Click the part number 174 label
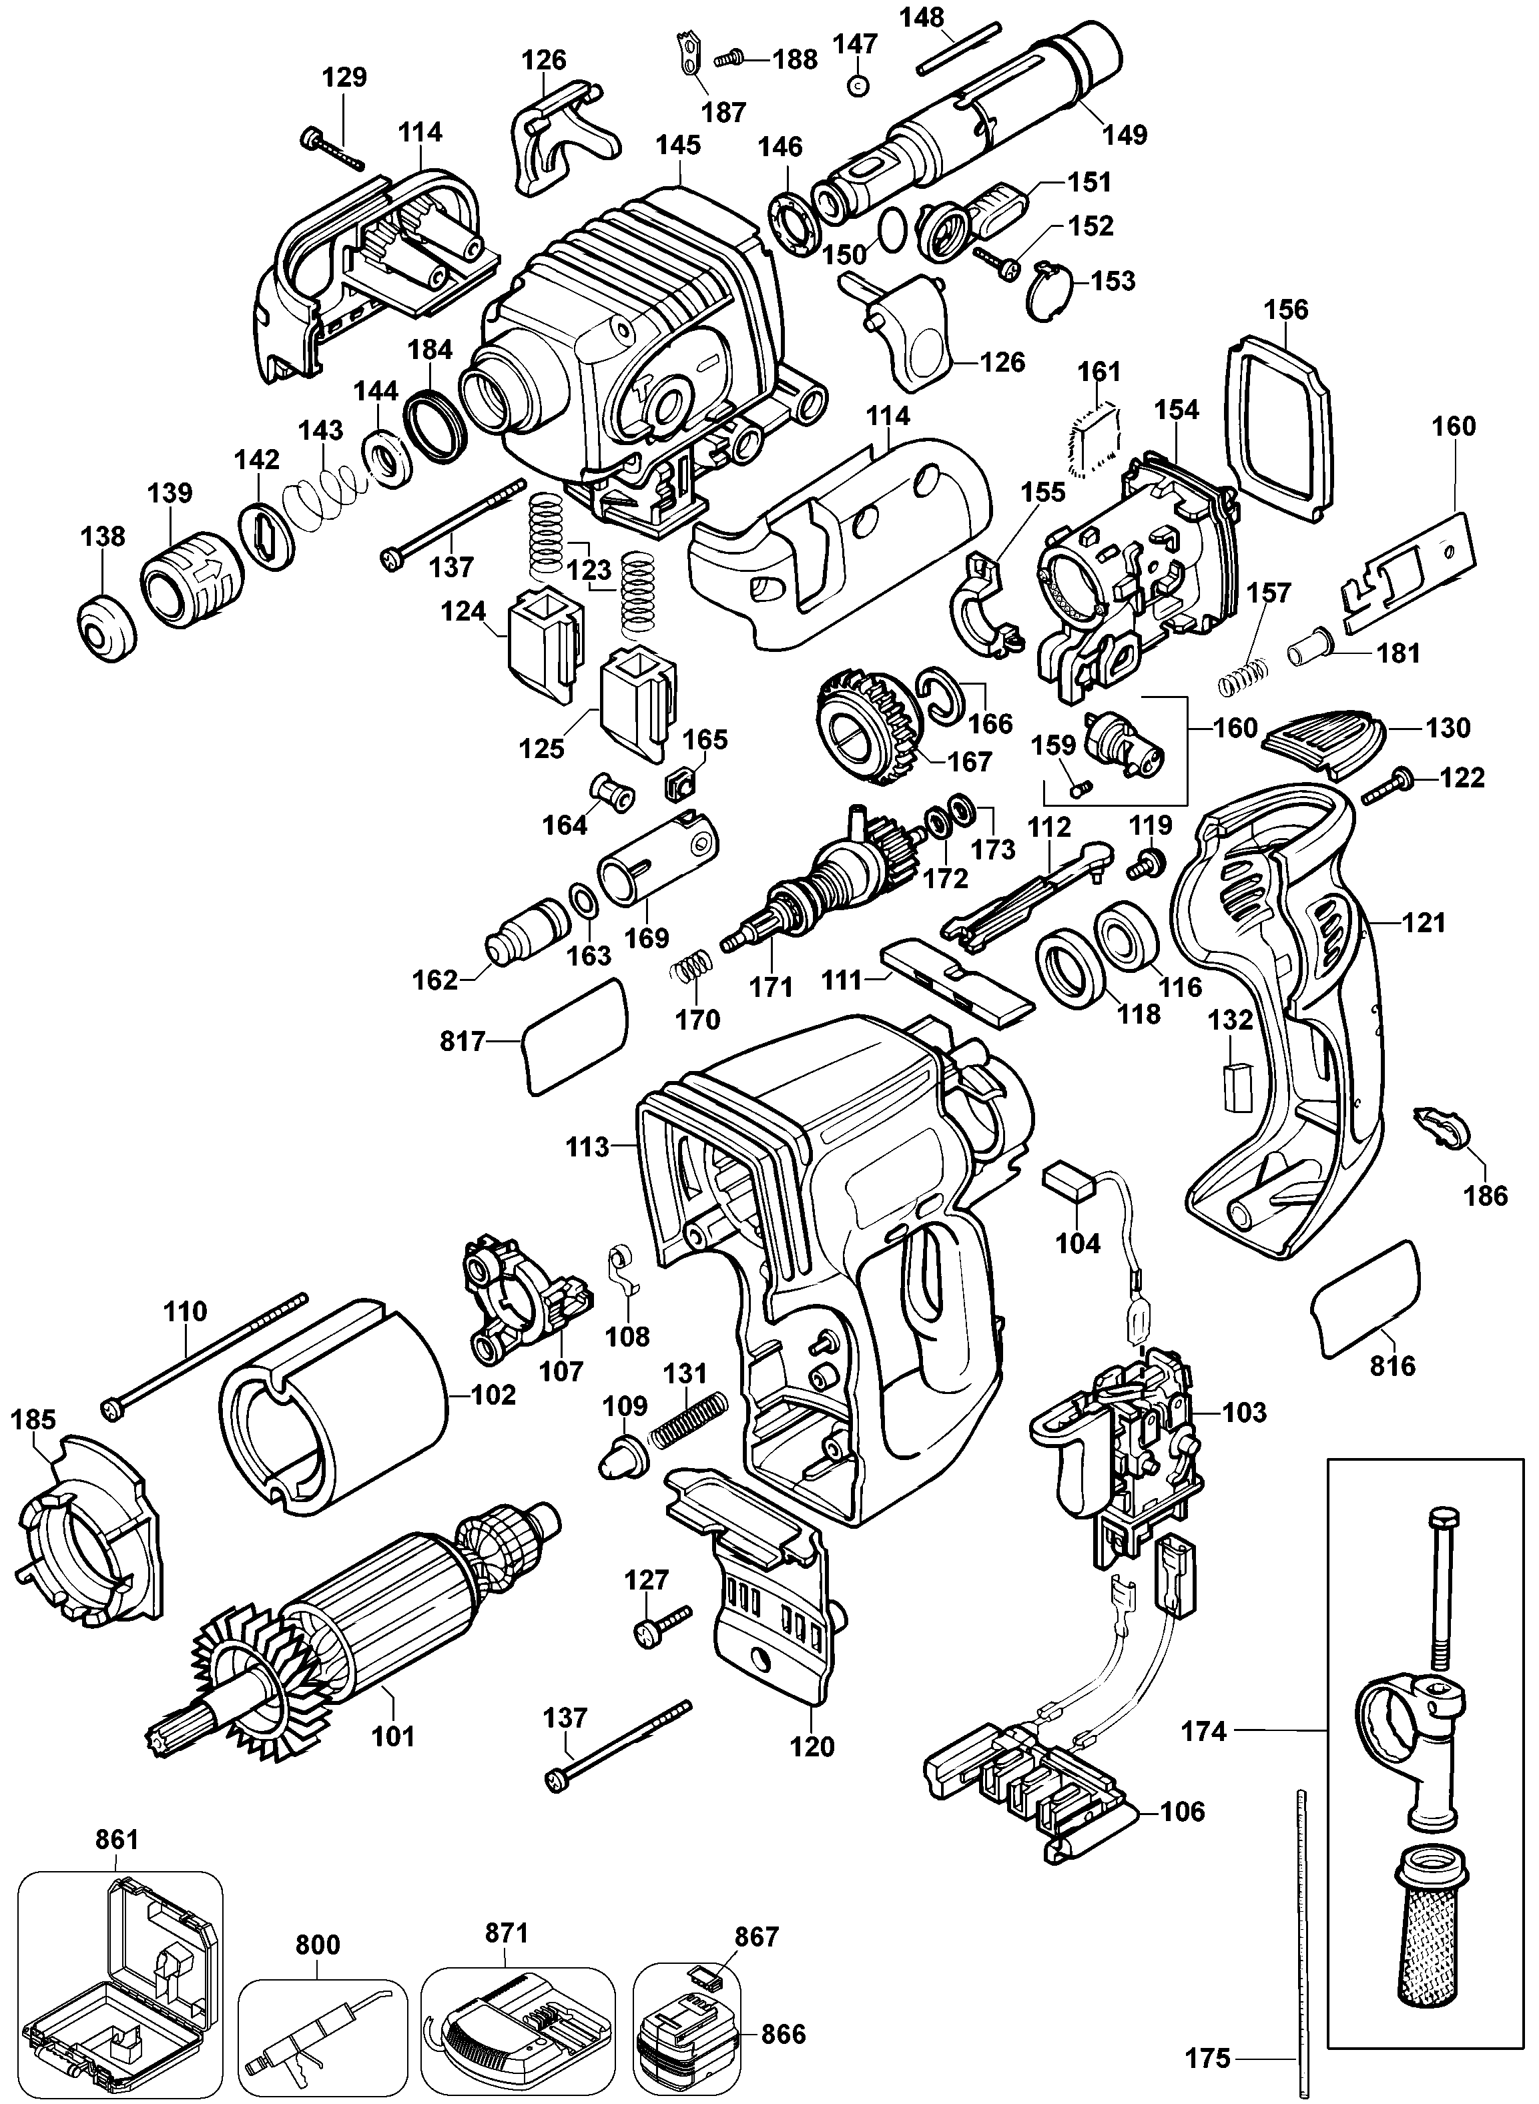(1203, 1732)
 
